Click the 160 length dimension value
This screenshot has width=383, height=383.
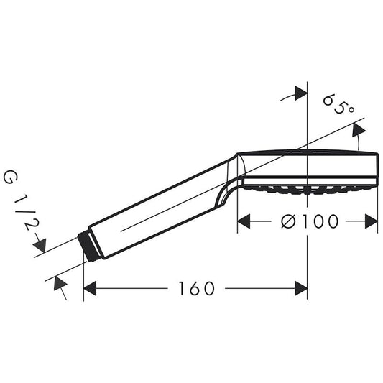click(197, 288)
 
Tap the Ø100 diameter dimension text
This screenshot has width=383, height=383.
click(308, 221)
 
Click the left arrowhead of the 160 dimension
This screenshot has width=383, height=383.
click(90, 288)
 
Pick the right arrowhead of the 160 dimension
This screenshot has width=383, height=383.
click(302, 288)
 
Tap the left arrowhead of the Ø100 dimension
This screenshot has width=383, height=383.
click(244, 221)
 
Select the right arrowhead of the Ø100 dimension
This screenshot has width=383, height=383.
click(372, 221)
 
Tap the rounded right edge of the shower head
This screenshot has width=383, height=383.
click(375, 167)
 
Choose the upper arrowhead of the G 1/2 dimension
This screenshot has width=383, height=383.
click(40, 246)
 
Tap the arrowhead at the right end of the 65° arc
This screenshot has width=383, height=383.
click(357, 129)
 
